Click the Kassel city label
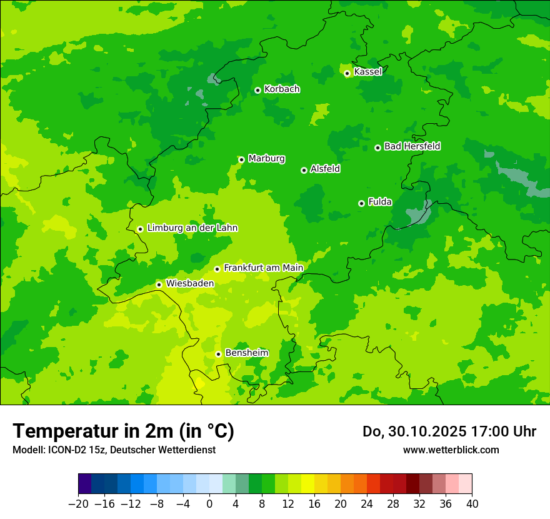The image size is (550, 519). coord(367,72)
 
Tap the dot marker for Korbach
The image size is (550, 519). coord(257,90)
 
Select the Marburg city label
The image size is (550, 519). coord(266,159)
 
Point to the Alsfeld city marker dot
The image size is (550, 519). coord(304,170)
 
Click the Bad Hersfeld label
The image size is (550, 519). coord(412,146)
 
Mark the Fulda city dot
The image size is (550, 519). coord(361,203)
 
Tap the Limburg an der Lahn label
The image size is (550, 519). coord(192,228)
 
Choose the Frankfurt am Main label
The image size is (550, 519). coord(263,268)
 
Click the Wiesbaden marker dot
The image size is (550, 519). coord(159,285)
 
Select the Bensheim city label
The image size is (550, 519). coord(246,353)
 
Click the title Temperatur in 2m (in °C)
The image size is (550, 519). coord(123,431)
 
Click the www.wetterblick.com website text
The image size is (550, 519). coord(451,450)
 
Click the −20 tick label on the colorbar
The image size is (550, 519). coord(78,504)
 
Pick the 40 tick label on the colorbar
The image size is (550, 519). coord(472,504)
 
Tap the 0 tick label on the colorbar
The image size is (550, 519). coord(209,504)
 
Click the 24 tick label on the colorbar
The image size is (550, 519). coord(367,504)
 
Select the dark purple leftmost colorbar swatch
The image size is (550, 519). coord(84,484)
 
